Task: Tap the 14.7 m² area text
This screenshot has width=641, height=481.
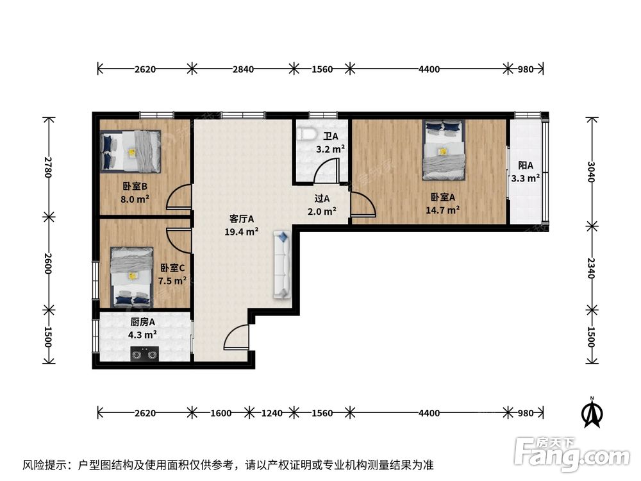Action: pos(443,210)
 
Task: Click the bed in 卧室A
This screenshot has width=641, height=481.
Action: pos(443,150)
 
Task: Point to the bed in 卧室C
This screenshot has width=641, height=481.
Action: pos(132,276)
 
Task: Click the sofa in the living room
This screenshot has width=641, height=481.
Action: pos(282,264)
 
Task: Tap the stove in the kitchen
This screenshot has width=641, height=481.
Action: pos(144,353)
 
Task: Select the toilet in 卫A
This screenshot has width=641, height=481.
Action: pos(307,134)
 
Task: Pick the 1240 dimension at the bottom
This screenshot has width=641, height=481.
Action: pos(271,413)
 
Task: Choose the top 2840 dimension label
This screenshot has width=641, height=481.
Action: pos(242,69)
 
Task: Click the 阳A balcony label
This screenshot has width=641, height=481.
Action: pos(526,165)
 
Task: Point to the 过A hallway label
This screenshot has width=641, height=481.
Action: pos(322,199)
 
